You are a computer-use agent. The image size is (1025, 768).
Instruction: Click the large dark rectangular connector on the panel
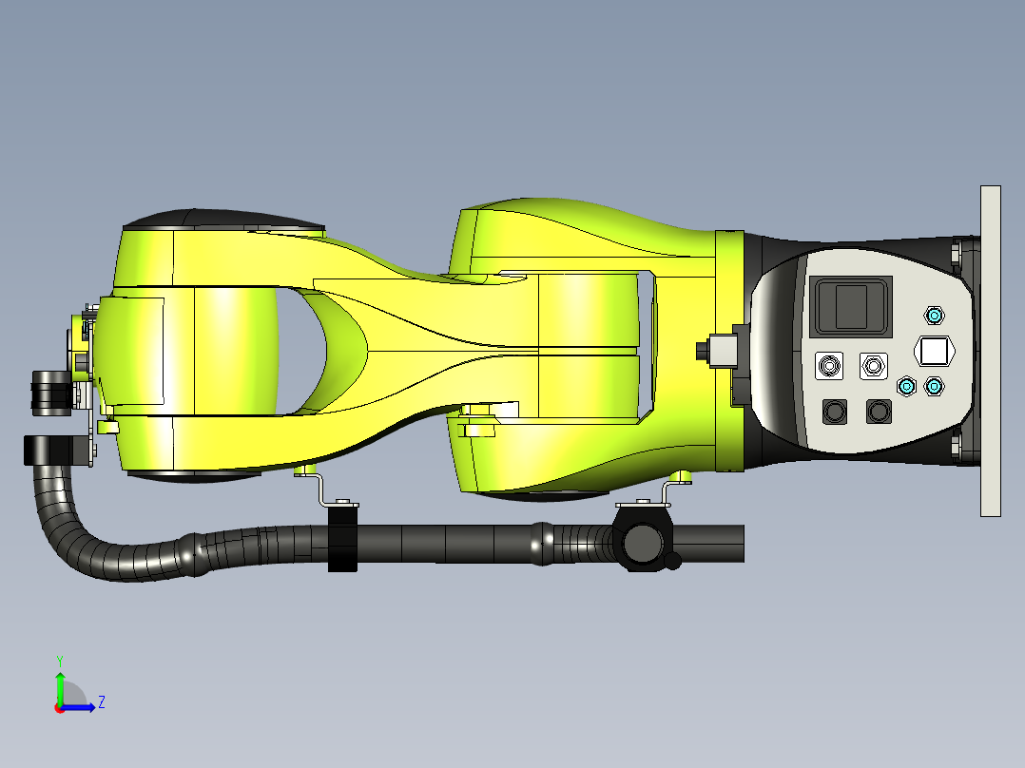(851, 305)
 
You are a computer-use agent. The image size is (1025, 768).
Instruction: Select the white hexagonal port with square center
(934, 351)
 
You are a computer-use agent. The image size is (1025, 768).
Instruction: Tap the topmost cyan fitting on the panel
(934, 316)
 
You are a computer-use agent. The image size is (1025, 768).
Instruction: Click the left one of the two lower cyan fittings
(907, 386)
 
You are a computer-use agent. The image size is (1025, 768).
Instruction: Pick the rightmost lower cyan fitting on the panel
(935, 386)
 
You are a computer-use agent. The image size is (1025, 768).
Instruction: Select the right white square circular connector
(872, 366)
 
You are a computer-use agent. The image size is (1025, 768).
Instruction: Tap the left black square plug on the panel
(835, 412)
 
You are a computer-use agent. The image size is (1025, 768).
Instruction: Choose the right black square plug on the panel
(879, 412)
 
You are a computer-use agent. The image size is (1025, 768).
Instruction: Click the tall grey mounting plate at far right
(990, 351)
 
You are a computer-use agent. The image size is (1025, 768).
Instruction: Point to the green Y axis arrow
(60, 682)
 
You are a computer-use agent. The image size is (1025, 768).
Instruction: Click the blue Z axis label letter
(101, 703)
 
